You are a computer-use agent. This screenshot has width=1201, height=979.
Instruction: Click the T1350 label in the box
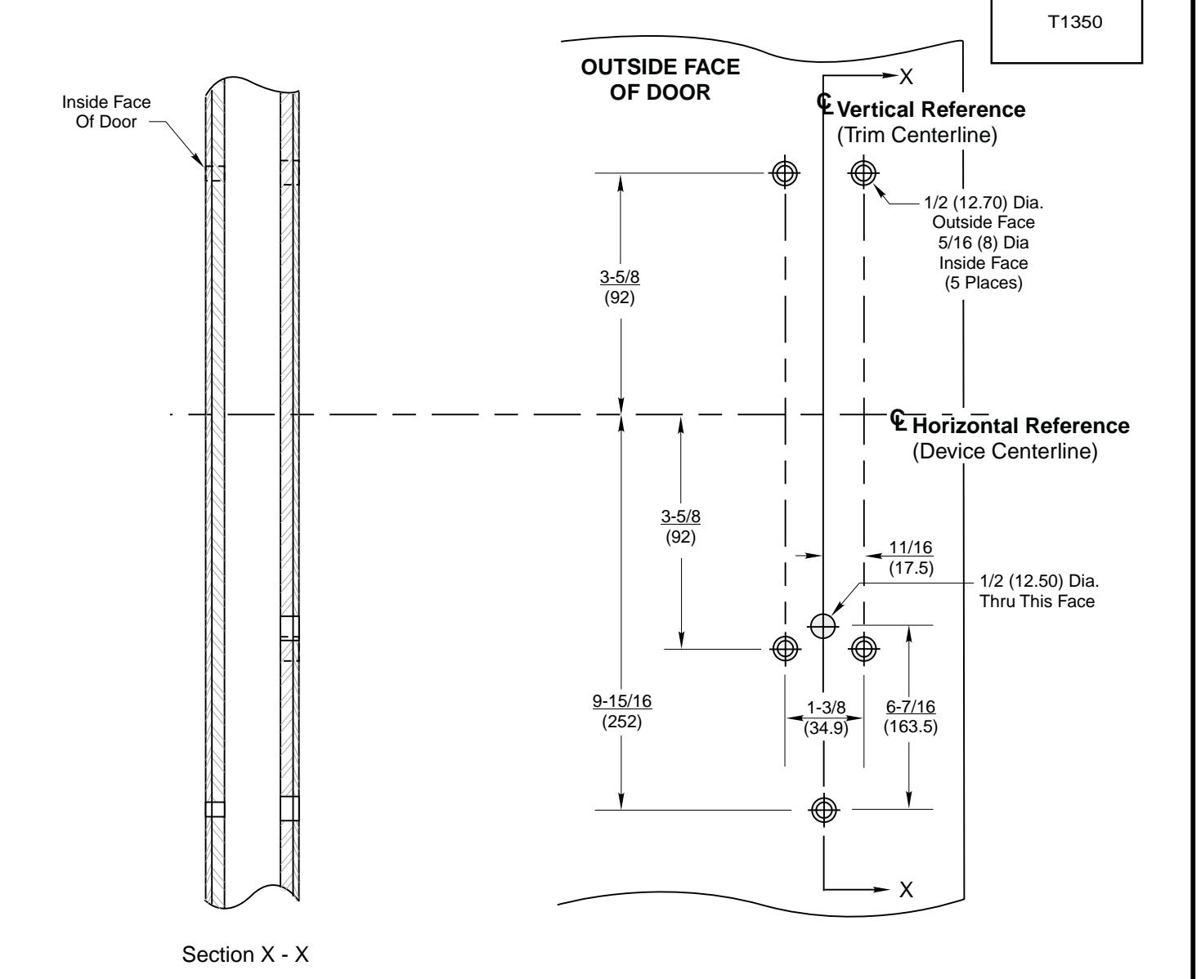(x=1074, y=22)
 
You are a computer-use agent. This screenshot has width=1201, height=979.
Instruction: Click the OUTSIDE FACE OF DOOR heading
(x=660, y=80)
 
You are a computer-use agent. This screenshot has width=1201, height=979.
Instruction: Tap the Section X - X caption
(x=245, y=954)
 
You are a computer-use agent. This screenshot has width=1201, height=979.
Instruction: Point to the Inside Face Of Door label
(x=106, y=112)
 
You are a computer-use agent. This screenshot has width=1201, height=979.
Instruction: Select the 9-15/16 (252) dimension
(x=622, y=711)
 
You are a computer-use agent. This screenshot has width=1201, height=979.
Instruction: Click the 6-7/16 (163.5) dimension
(x=911, y=717)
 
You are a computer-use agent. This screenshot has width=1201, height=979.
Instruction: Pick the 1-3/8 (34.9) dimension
(x=826, y=717)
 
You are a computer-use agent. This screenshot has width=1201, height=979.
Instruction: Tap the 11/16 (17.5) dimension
(x=911, y=558)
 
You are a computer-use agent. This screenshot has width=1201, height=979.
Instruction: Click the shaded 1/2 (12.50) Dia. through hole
(x=822, y=626)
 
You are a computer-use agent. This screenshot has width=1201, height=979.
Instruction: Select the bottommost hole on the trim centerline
(x=823, y=809)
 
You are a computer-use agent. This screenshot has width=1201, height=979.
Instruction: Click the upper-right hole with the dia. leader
(x=863, y=172)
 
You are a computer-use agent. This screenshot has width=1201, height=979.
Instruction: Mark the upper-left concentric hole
(x=785, y=173)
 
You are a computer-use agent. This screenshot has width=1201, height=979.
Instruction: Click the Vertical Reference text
(x=931, y=110)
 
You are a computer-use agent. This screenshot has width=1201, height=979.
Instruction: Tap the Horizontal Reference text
(x=1021, y=426)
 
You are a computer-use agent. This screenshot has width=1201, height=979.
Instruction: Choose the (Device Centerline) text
(x=1005, y=451)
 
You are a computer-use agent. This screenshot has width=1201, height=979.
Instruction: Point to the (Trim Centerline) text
(x=917, y=135)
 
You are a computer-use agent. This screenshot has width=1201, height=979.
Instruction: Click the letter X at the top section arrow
(x=906, y=77)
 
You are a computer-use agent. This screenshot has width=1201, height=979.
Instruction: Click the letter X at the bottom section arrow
(x=906, y=890)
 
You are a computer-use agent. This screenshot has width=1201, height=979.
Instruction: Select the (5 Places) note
(x=984, y=283)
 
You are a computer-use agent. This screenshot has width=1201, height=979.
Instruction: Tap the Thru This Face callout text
(x=1037, y=601)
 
